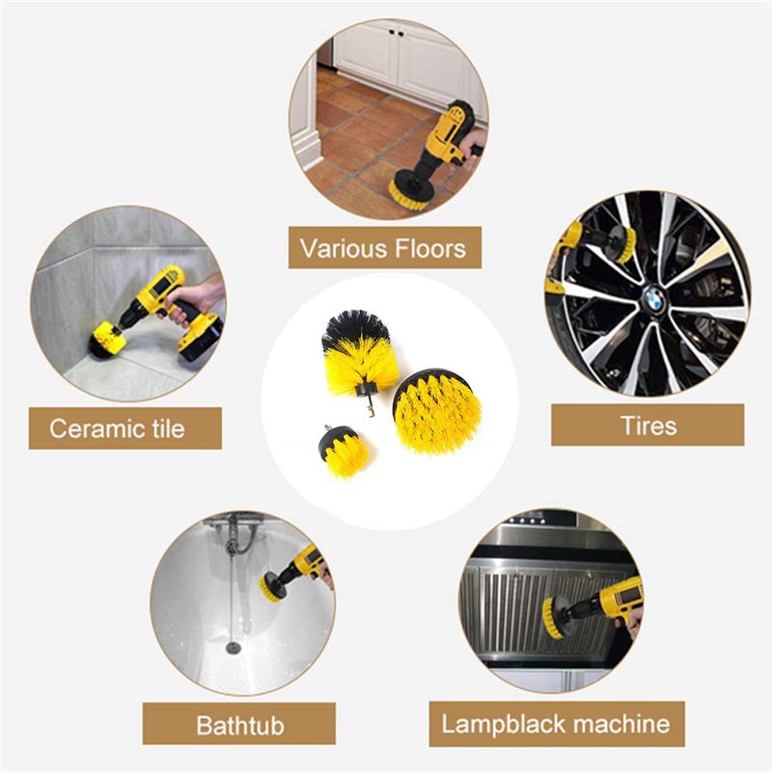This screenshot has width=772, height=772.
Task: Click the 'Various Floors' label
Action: (384, 248)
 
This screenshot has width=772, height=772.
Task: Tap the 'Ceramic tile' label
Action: (117, 427)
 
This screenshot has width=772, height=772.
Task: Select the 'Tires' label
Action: (648, 425)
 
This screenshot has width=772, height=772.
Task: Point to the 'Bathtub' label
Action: (239, 724)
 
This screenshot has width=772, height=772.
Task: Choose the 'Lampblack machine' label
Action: (556, 724)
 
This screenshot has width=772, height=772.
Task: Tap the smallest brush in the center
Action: (345, 451)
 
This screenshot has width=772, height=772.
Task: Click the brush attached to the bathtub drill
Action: (273, 586)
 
